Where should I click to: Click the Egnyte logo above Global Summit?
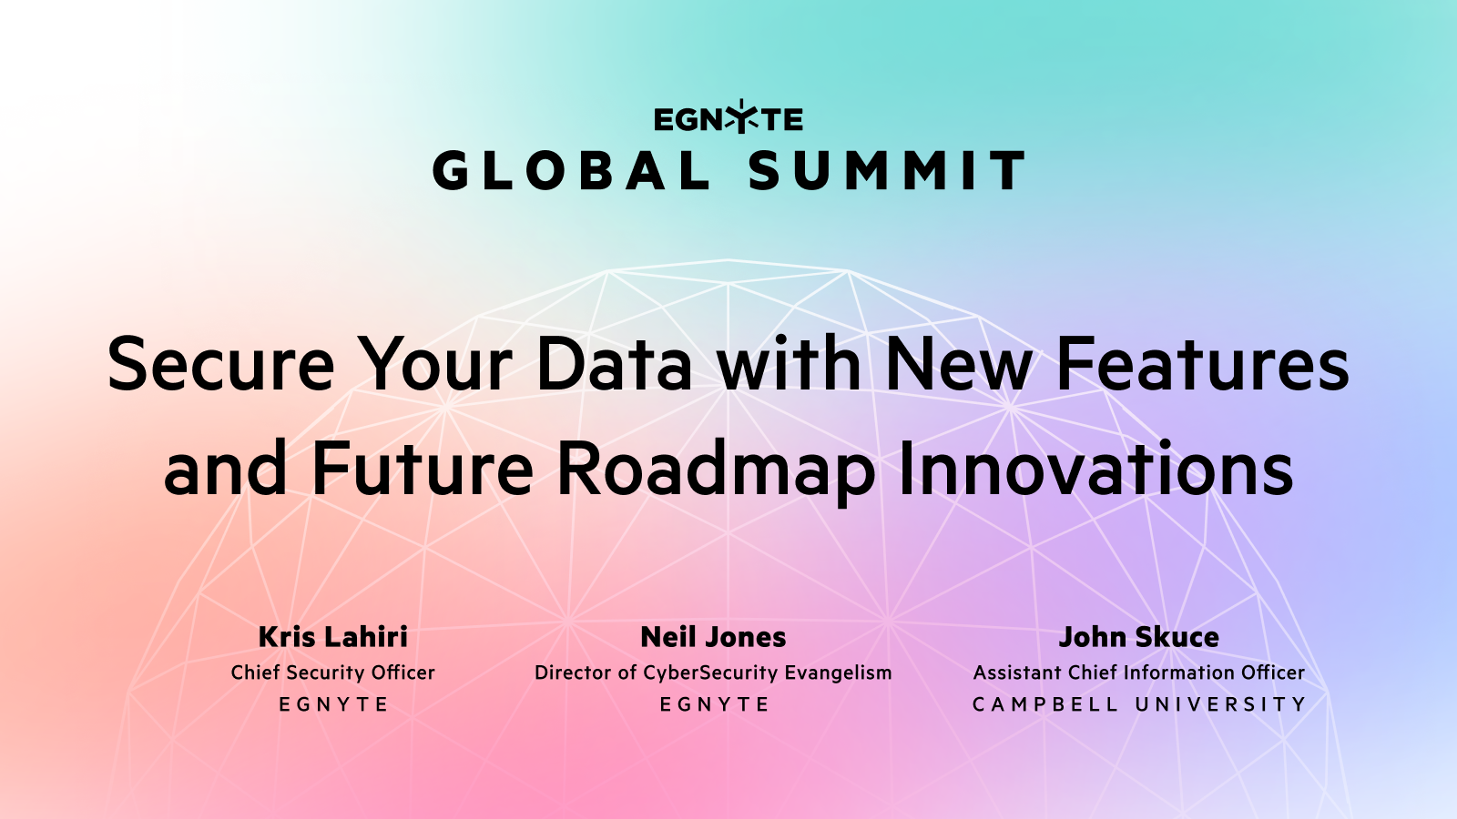pos(728,118)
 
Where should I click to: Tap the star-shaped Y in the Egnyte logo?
pos(742,117)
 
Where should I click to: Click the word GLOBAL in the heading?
pos(571,171)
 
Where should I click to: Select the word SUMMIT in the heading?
pos(887,171)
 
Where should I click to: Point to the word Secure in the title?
pos(221,364)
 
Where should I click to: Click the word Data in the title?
pos(614,364)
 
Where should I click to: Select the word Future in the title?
pos(422,469)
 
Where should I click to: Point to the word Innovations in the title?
pos(1095,469)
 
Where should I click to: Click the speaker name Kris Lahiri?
pos(333,637)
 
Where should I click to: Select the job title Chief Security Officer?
pos(333,672)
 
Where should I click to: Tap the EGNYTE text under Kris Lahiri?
pos(333,704)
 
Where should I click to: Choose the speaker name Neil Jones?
pos(713,637)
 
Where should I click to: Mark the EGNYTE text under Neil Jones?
pos(714,704)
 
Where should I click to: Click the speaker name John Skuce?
pos(1138,637)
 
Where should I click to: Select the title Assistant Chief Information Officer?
pos(1138,672)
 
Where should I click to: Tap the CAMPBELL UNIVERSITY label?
pos(1138,704)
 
